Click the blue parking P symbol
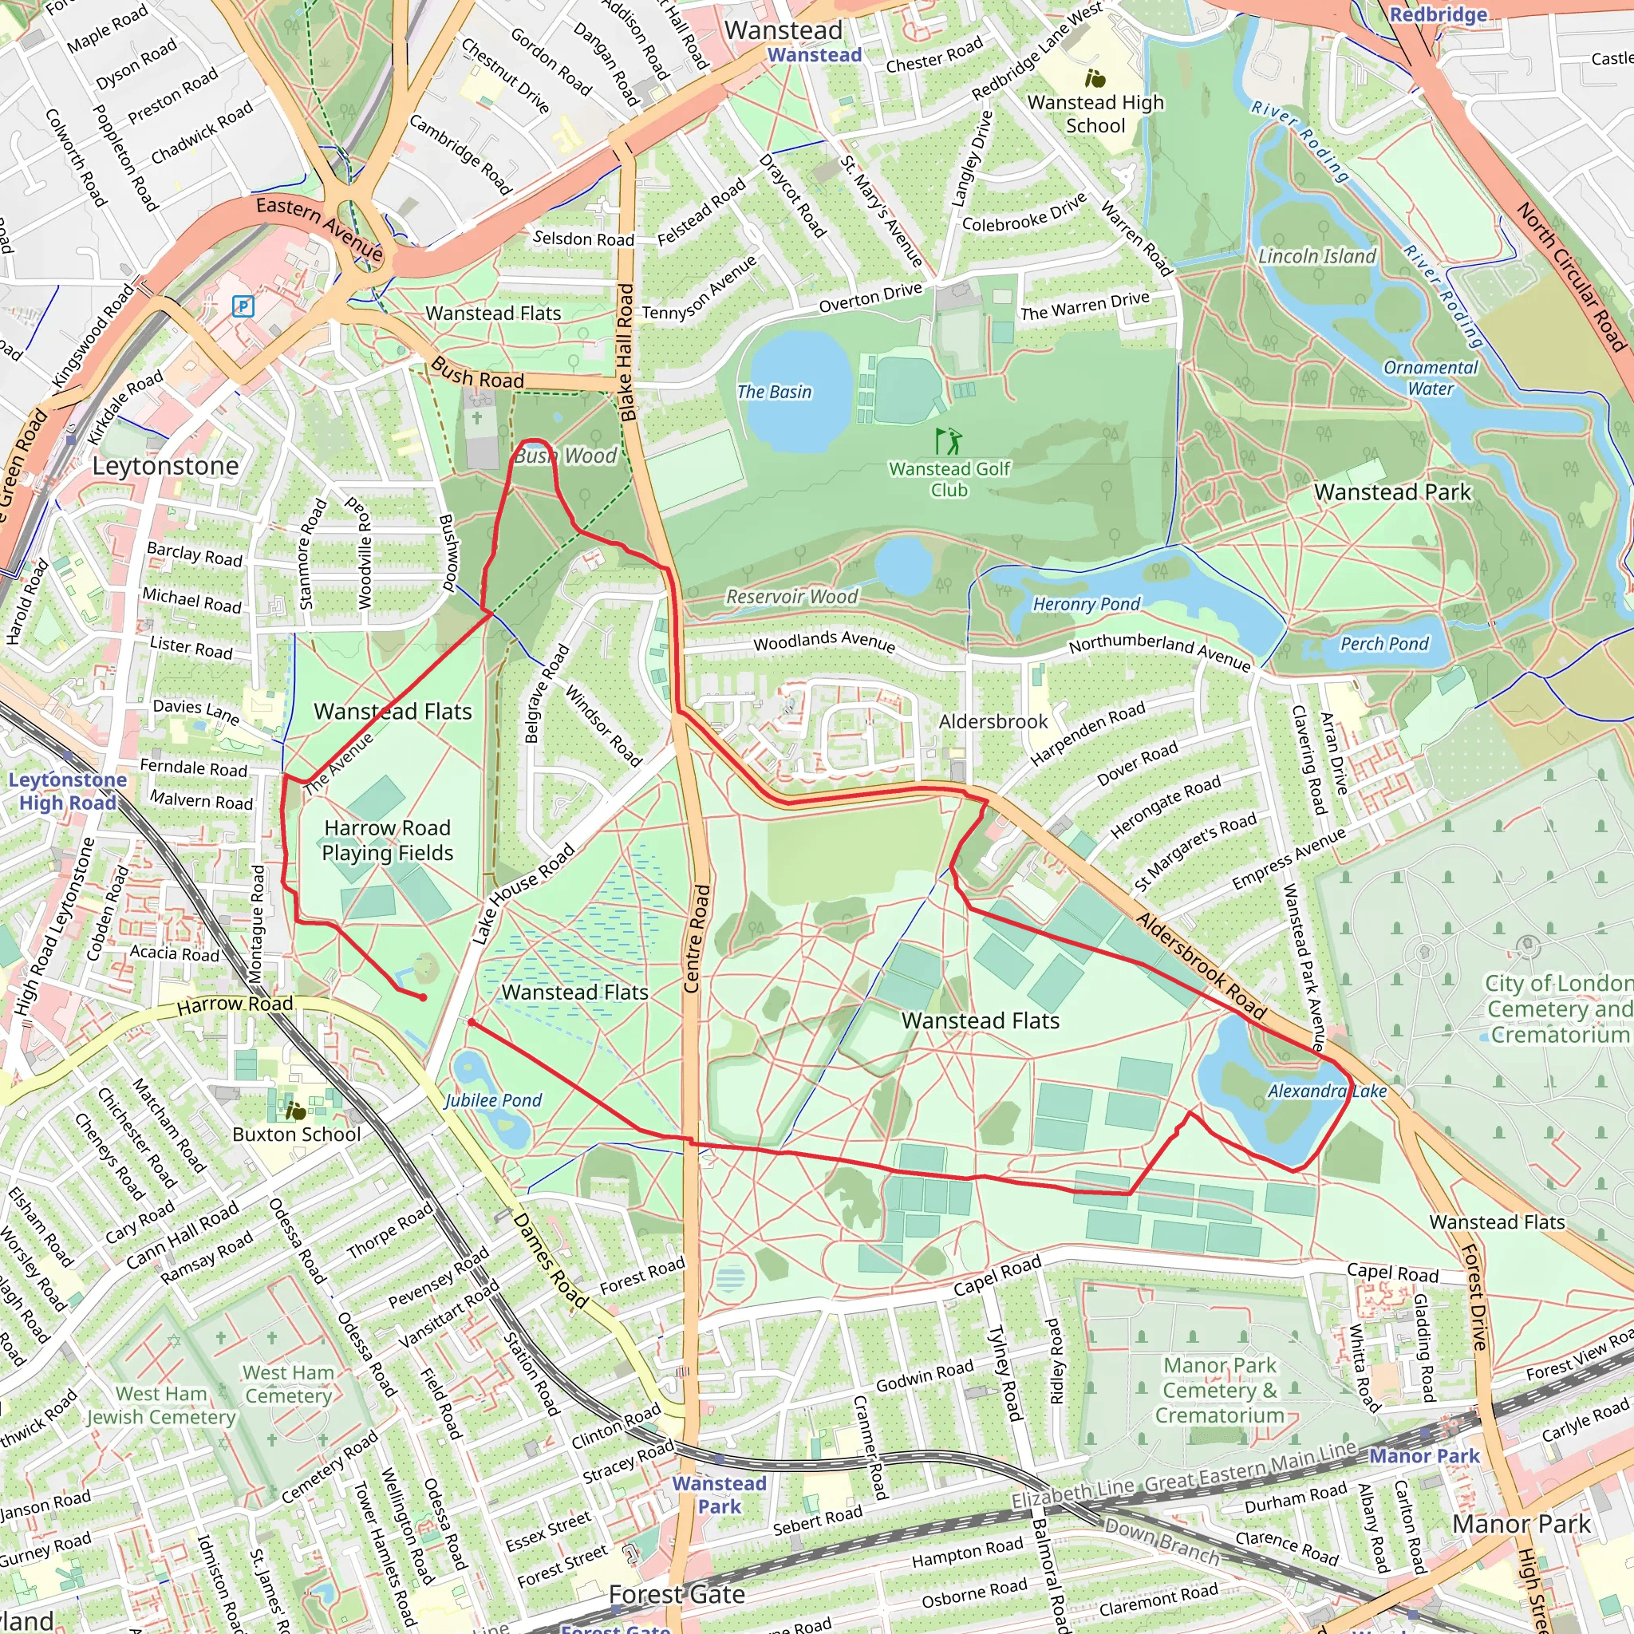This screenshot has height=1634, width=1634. [243, 306]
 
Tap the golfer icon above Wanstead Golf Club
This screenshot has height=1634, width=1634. [947, 440]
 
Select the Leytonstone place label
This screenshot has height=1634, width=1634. [166, 466]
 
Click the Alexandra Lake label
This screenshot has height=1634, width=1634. [1326, 1091]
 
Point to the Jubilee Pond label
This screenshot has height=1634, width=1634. [493, 1100]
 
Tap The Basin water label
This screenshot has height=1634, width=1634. [773, 392]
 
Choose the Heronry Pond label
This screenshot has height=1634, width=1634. [1086, 604]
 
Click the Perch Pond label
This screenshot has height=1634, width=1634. [1383, 644]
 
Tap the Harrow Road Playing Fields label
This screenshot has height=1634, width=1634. [387, 840]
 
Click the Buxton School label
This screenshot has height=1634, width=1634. [296, 1135]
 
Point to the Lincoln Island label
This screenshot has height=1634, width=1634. [1316, 255]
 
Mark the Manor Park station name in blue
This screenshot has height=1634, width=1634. [1424, 1455]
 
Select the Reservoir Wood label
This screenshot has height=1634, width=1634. [791, 596]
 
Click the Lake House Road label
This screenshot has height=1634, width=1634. [523, 893]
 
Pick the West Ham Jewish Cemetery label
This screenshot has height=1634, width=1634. [160, 1405]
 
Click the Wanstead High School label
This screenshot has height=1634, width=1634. [1095, 113]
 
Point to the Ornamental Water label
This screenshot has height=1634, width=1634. [1431, 378]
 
